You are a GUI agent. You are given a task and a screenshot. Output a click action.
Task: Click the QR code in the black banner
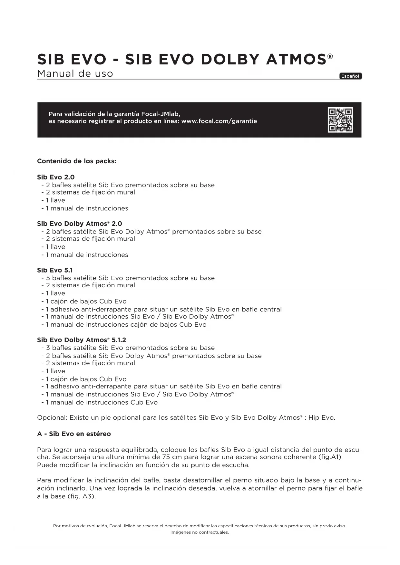[x=340, y=120]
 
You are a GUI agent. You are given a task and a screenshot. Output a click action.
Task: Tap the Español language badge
[x=350, y=76]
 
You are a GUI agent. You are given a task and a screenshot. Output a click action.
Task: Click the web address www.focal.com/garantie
[x=219, y=121]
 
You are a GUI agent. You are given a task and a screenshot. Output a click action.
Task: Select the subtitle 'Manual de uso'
[x=75, y=74]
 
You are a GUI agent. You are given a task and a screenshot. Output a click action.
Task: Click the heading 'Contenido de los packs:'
[x=76, y=161]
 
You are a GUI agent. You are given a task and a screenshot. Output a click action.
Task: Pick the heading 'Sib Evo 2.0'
[x=56, y=177]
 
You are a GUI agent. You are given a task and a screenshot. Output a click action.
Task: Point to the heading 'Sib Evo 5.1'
[x=55, y=270]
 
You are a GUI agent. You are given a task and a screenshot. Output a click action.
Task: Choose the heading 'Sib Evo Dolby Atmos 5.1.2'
[x=82, y=340]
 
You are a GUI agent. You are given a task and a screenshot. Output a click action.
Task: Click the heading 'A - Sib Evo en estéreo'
[x=74, y=434]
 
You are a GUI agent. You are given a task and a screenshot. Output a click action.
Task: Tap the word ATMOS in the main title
[x=296, y=60]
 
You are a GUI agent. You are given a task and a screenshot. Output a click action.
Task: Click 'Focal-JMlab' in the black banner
[x=160, y=114]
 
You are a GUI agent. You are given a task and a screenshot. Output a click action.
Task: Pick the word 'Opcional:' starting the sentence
[x=52, y=418]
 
